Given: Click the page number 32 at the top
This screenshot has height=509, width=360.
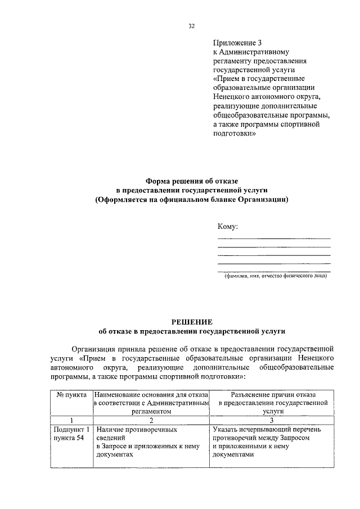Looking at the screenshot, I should pyautogui.click(x=192, y=25).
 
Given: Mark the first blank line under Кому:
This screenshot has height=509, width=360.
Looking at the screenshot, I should pyautogui.click(x=273, y=238).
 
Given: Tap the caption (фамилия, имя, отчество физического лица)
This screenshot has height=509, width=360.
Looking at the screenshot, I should pyautogui.click(x=274, y=276).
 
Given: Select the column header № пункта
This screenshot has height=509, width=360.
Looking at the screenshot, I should pyautogui.click(x=71, y=395).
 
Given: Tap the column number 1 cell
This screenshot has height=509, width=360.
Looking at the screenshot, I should pyautogui.click(x=71, y=420).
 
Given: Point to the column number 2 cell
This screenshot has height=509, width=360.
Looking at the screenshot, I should pyautogui.click(x=151, y=420).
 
